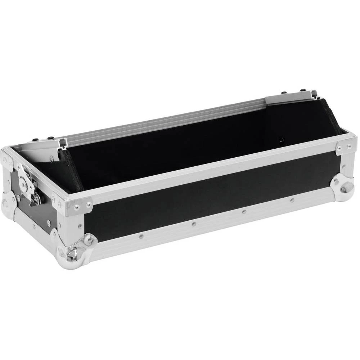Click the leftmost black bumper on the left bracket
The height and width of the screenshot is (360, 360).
click(35, 139)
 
